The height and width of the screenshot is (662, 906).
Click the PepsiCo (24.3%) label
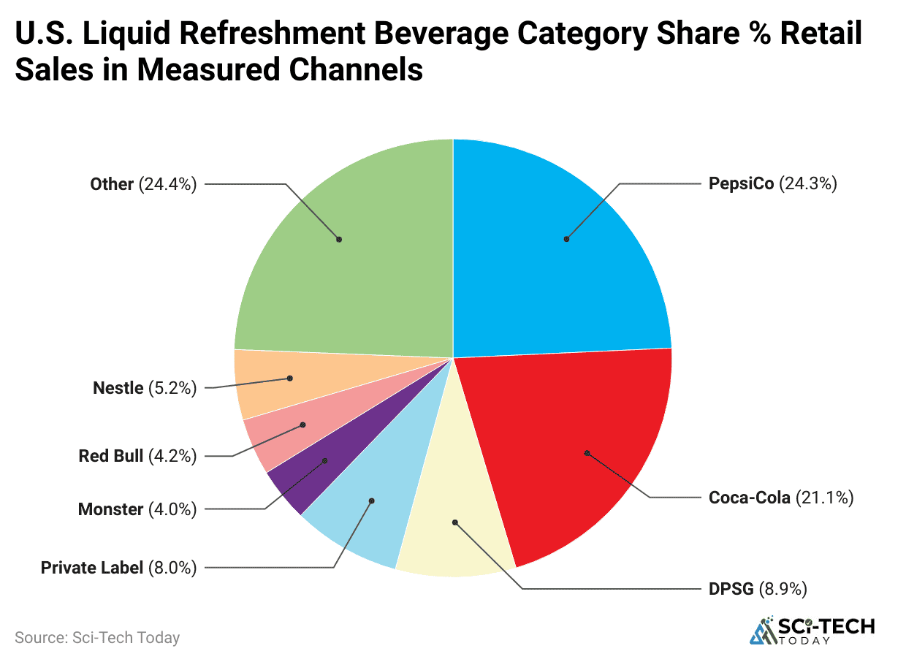(x=772, y=183)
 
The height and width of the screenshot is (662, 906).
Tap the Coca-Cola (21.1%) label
(x=780, y=498)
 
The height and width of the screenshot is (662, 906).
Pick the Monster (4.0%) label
(x=137, y=509)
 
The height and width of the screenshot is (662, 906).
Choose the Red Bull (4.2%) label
(x=137, y=457)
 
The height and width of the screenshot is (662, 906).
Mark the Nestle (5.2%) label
(x=145, y=389)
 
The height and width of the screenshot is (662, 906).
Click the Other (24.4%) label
(x=143, y=184)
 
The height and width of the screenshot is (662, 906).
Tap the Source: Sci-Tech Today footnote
(x=97, y=637)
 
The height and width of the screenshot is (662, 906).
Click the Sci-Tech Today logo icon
(x=761, y=632)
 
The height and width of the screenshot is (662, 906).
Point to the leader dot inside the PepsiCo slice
(x=566, y=239)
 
